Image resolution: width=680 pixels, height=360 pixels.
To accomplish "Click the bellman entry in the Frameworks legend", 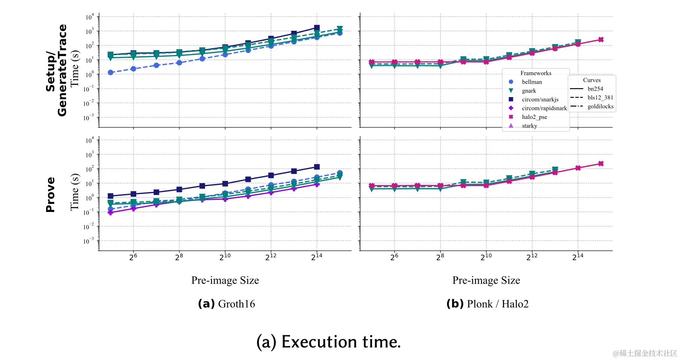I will click(532, 82).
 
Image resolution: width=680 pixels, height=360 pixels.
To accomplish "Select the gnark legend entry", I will click(529, 91).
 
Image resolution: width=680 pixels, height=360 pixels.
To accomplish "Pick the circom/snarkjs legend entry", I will click(540, 100).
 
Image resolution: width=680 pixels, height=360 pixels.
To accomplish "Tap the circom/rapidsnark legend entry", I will click(544, 108).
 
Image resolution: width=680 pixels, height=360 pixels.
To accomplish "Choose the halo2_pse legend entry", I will click(534, 117).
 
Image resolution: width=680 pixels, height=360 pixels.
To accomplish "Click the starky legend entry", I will click(529, 126).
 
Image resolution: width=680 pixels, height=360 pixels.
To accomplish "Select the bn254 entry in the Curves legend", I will click(595, 89).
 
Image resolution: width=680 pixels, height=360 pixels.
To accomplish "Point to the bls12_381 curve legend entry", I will click(600, 97).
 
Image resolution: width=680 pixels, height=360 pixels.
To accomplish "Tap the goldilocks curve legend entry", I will click(600, 106).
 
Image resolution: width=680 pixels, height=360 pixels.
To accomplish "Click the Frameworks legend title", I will click(536, 73).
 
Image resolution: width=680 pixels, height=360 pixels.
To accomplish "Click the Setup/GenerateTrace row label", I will click(56, 70).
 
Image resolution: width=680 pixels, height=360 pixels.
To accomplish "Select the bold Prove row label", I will click(50, 195).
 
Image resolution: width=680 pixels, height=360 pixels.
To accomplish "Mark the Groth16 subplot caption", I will click(226, 304).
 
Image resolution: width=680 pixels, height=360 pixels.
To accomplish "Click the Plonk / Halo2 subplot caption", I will click(487, 304).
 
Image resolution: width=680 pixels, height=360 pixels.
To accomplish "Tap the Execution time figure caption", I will click(328, 342).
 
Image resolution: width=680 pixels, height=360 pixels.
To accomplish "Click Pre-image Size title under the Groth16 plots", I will click(225, 280).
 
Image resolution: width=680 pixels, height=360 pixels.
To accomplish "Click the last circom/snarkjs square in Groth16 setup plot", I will click(317, 28).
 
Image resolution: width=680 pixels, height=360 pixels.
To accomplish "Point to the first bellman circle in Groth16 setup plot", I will click(110, 72).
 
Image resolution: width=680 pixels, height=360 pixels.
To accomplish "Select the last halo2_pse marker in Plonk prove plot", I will click(601, 164).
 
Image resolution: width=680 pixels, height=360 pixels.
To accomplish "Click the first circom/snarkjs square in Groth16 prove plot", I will click(110, 196).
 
